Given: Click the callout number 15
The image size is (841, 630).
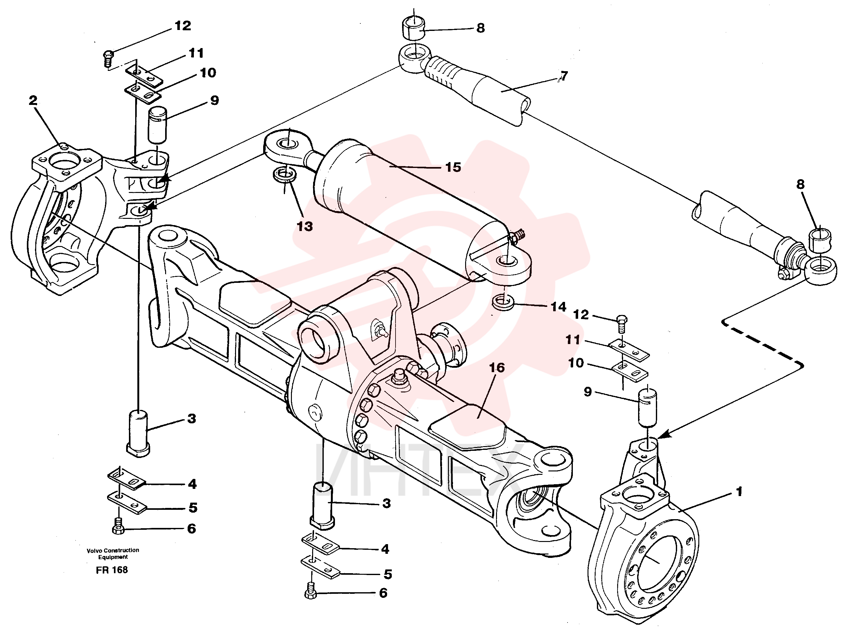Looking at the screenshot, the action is (x=453, y=167).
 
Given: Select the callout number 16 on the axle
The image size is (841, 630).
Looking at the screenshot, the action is (x=497, y=368).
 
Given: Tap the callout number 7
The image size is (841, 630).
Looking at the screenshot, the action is (x=564, y=76).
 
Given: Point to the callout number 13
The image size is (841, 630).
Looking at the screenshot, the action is (x=305, y=227).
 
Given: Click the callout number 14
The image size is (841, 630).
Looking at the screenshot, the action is (x=558, y=307).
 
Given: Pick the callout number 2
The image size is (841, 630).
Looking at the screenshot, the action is (x=33, y=101).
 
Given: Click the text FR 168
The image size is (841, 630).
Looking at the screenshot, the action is (x=112, y=570).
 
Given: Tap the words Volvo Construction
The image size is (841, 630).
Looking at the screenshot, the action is (x=113, y=550).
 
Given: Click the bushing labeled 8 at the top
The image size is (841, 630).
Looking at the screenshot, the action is (x=413, y=28).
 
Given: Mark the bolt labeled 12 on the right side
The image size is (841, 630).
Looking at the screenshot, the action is (x=621, y=324).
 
